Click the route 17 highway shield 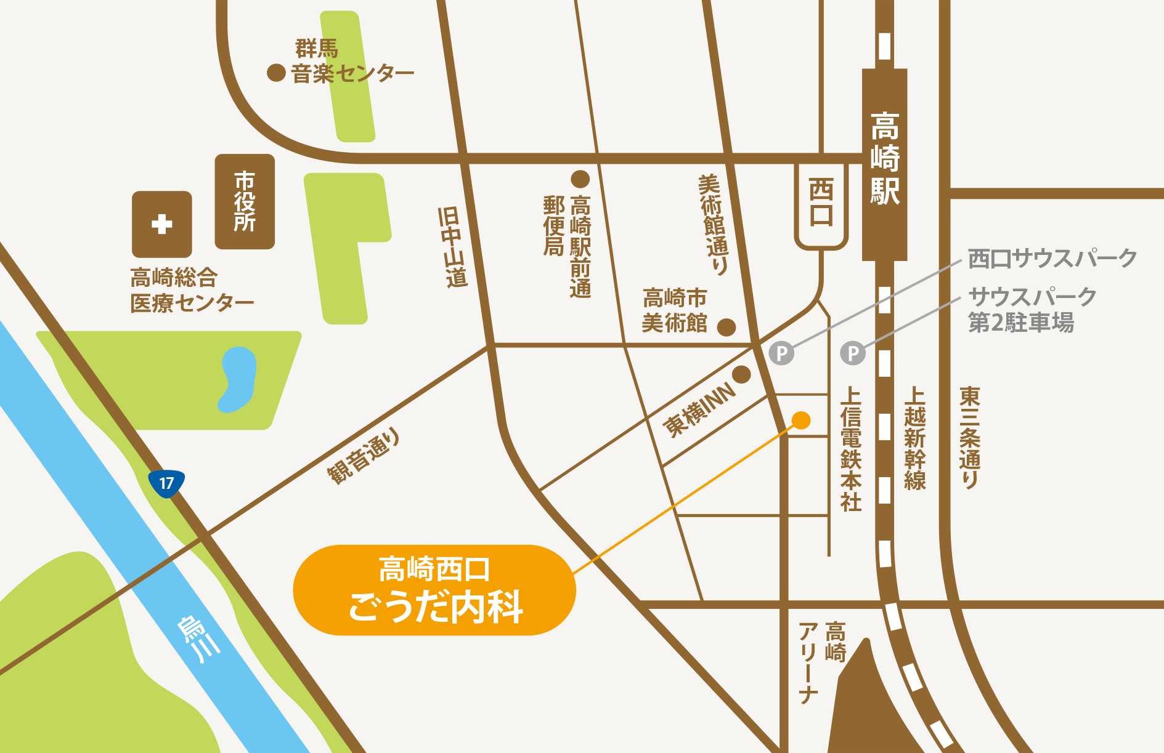[166, 483]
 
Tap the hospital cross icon [162, 224]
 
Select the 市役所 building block [245, 201]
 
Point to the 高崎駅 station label [885, 159]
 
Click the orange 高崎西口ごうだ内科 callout [434, 589]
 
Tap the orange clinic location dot [800, 420]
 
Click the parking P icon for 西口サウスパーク [781, 353]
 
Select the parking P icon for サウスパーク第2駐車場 [853, 353]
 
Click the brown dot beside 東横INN [741, 374]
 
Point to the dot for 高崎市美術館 [726, 327]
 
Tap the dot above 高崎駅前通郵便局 [580, 179]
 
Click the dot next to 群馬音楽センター [276, 73]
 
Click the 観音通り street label [364, 456]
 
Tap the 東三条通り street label [970, 437]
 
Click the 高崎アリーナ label [822, 661]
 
